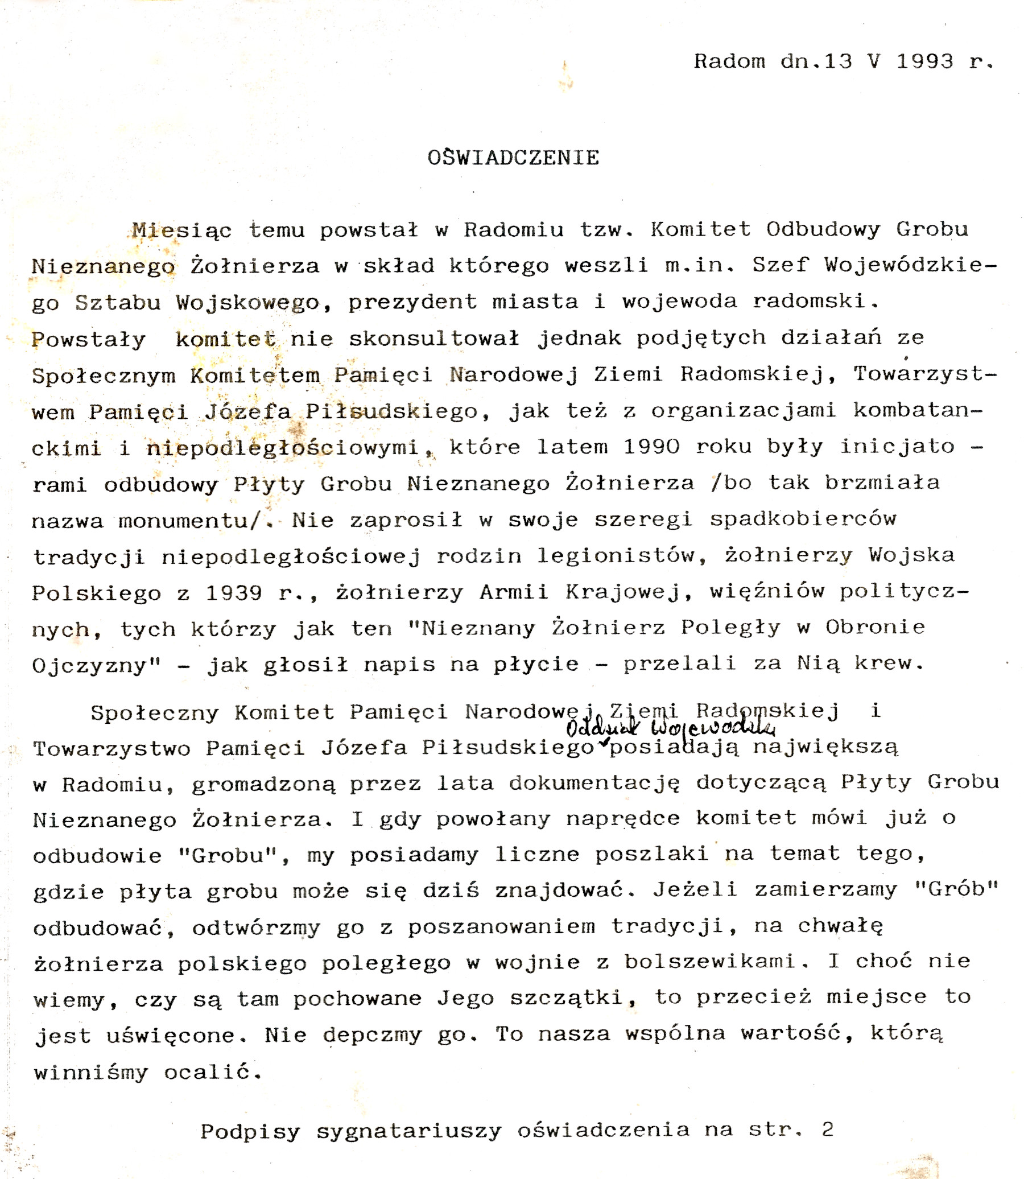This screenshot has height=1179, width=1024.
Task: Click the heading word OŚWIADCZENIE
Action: click(513, 157)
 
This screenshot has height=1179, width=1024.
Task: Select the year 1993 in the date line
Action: click(925, 61)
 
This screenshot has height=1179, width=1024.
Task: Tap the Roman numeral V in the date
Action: click(874, 61)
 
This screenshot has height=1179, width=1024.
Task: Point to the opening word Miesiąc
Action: click(181, 230)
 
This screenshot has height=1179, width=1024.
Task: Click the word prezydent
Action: click(412, 302)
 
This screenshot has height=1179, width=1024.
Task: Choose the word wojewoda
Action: click(679, 301)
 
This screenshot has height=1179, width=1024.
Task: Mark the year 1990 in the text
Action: click(651, 446)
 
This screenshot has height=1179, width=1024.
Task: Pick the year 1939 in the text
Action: click(234, 593)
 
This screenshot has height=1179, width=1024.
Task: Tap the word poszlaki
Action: click(652, 855)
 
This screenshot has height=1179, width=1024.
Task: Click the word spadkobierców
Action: click(803, 519)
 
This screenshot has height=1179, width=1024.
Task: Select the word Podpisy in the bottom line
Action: click(250, 1131)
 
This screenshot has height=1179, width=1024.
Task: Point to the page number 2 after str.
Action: click(827, 1129)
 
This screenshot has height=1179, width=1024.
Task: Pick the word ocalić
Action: click(213, 1073)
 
